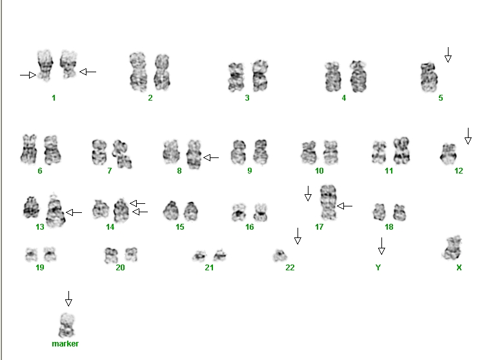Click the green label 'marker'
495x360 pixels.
click(x=65, y=344)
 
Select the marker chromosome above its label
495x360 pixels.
click(x=66, y=325)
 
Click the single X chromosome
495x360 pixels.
click(x=452, y=248)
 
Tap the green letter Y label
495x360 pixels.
click(x=378, y=268)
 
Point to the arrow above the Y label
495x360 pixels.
click(x=381, y=246)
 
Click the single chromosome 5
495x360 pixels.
click(x=429, y=77)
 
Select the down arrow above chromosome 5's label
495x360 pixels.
click(x=448, y=55)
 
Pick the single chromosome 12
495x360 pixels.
click(x=449, y=154)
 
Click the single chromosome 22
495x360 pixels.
click(x=279, y=255)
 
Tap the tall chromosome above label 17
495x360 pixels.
click(x=328, y=202)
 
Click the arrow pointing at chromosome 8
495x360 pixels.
click(x=211, y=157)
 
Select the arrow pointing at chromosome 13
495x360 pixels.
click(x=74, y=212)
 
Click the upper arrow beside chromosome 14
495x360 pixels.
click(x=137, y=203)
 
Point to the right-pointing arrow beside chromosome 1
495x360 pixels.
click(x=28, y=75)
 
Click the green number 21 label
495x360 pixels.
click(x=209, y=268)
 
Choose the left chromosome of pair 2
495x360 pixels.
click(x=138, y=72)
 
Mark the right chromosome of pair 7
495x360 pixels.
click(x=122, y=154)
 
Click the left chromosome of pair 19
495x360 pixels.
click(x=31, y=255)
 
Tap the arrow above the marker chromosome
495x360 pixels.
click(x=68, y=299)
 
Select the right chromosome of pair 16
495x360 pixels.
click(x=261, y=212)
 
